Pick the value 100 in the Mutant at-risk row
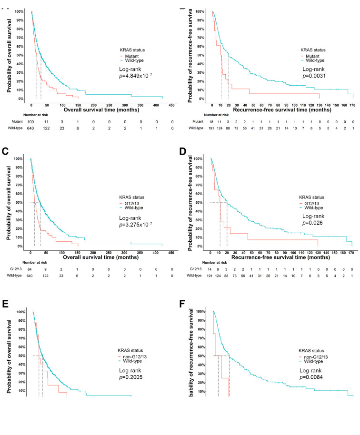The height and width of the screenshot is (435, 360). tap(32, 122)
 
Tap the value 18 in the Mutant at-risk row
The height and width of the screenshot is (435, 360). tap(211, 122)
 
